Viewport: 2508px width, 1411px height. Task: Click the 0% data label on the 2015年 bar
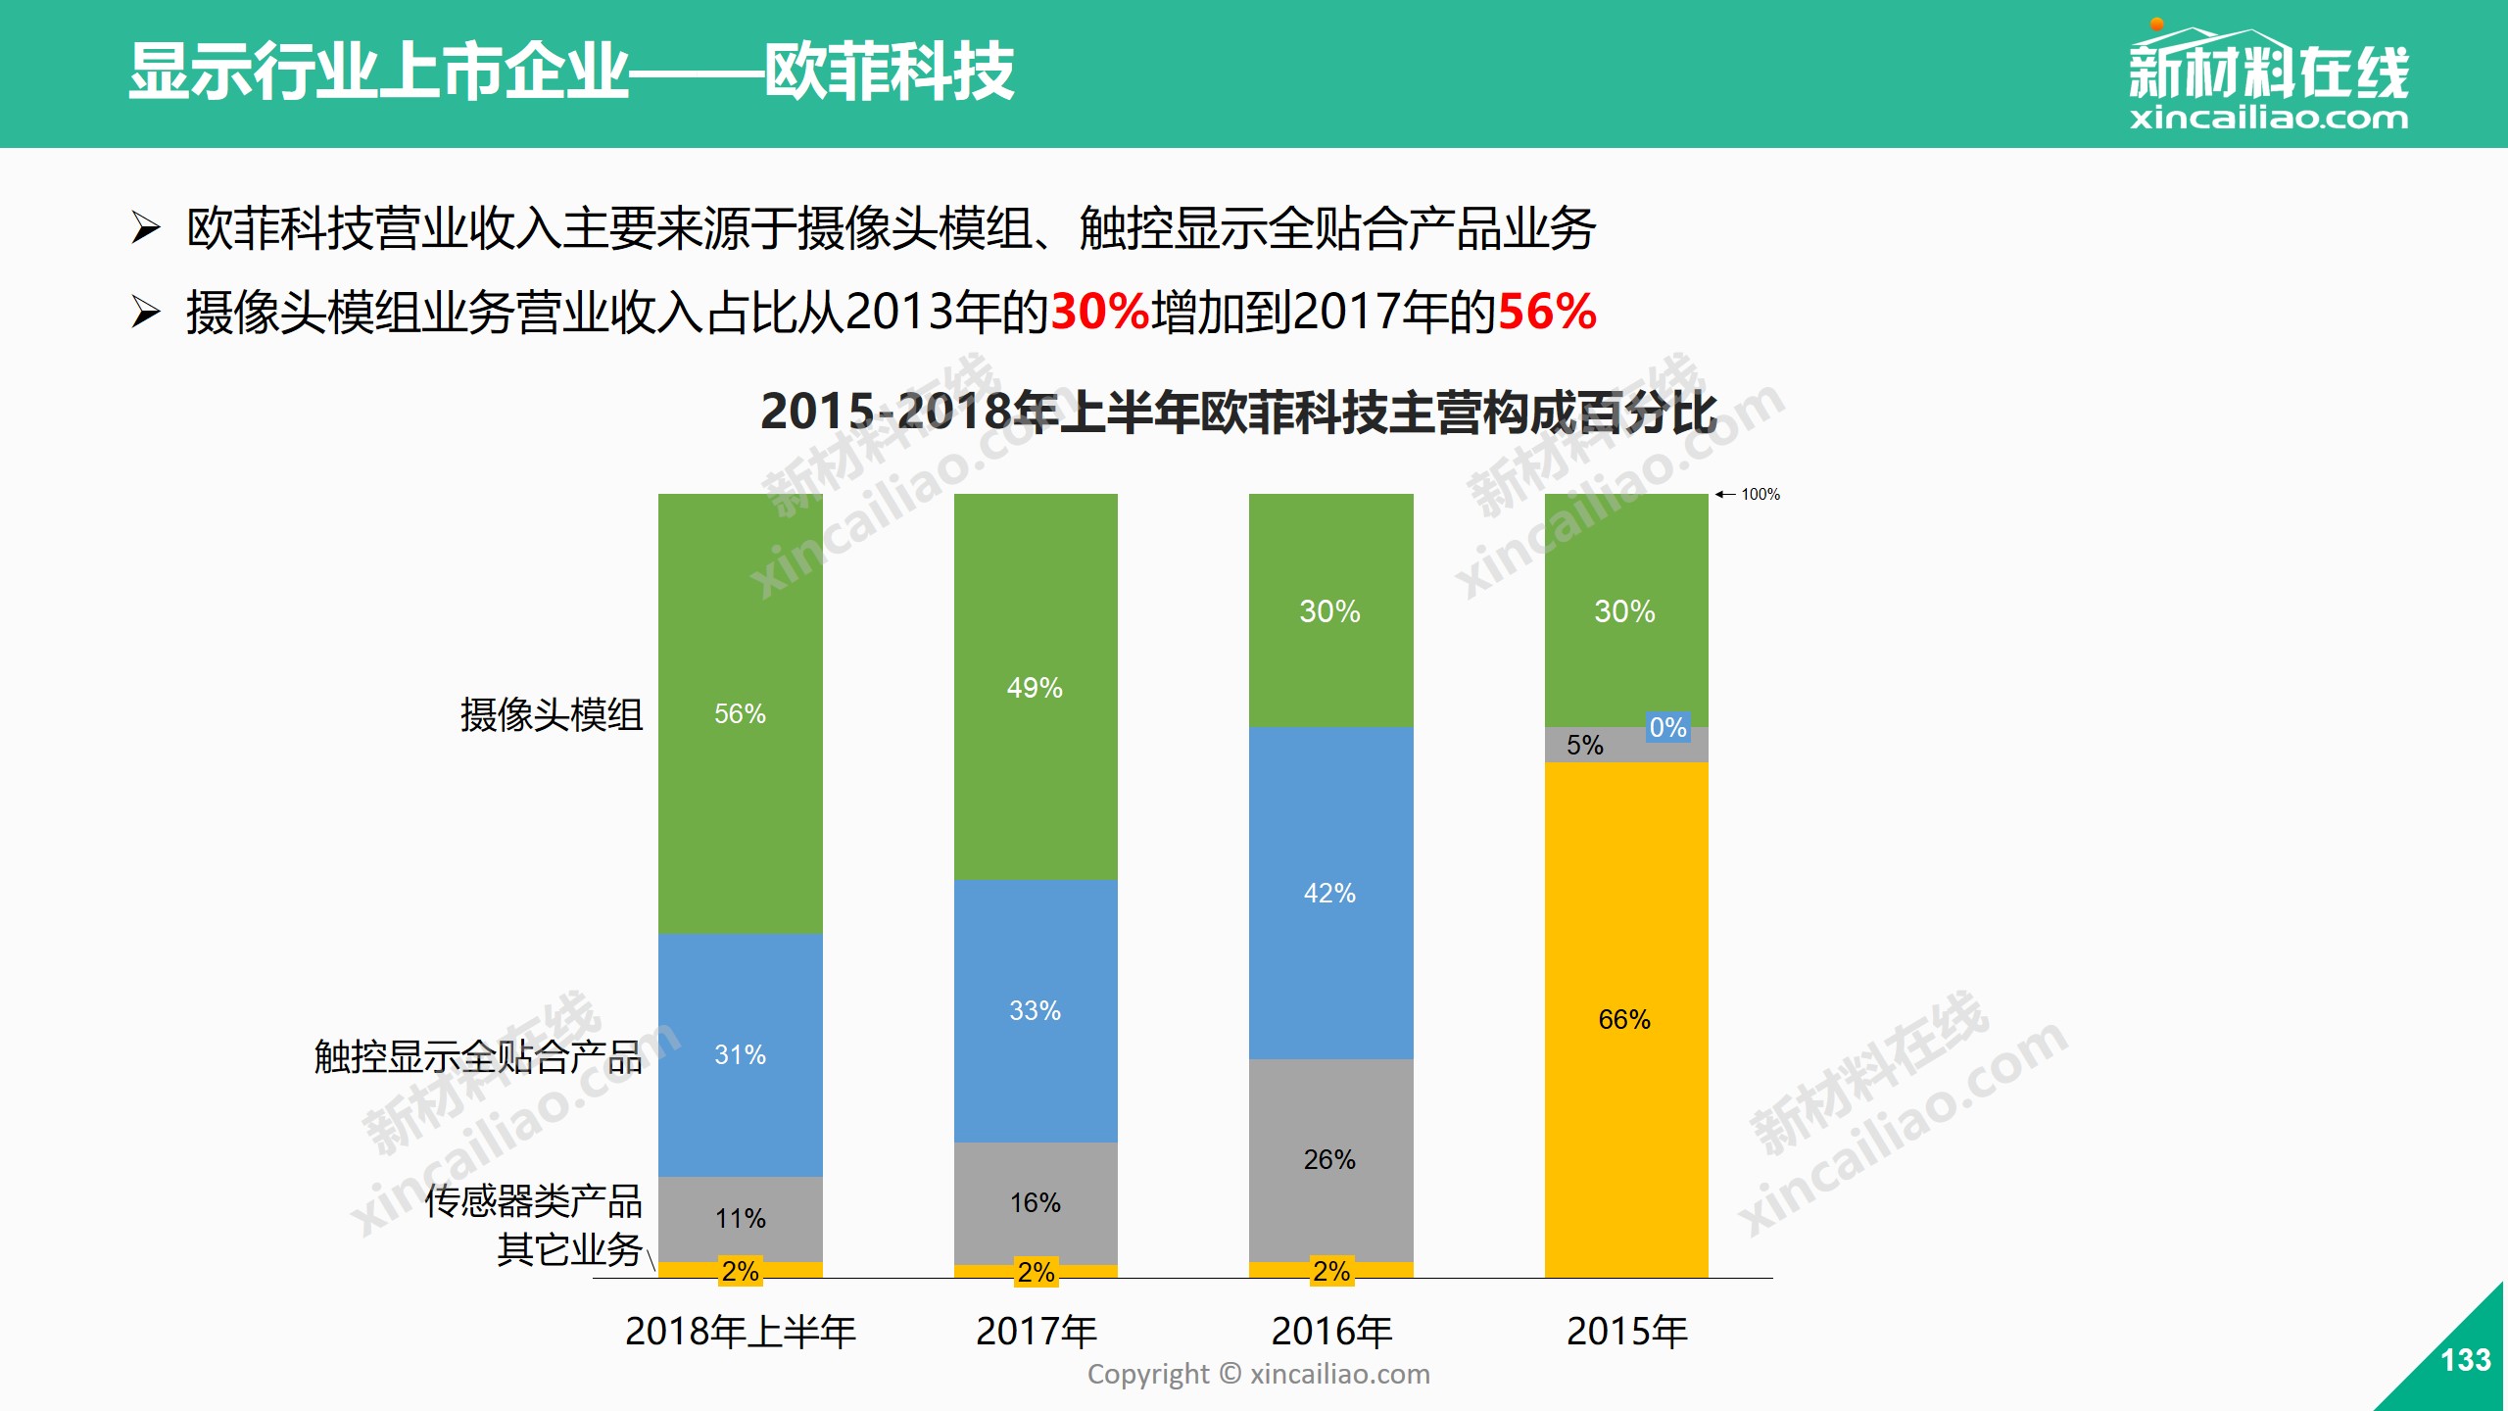tap(1667, 727)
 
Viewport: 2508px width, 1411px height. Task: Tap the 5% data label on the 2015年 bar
tap(1584, 745)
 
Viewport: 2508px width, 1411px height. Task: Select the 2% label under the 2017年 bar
tap(1036, 1272)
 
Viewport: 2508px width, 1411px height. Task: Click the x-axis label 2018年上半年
tap(740, 1331)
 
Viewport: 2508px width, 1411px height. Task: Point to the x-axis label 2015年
tap(1626, 1331)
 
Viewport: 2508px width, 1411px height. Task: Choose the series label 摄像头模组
tap(551, 714)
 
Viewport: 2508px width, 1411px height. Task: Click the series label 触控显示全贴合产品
tap(477, 1056)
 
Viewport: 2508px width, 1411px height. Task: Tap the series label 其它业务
tap(568, 1249)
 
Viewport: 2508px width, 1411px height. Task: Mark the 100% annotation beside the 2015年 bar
tap(1760, 495)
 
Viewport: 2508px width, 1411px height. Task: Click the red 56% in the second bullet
tap(1547, 312)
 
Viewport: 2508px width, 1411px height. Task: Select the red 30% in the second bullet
tap(1099, 312)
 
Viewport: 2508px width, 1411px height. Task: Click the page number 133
tap(2465, 1360)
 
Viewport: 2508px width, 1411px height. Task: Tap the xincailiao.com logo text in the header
tap(2268, 119)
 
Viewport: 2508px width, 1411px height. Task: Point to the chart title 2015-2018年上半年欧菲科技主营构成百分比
tap(1238, 412)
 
